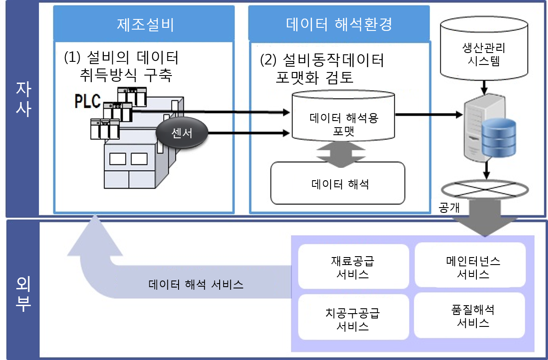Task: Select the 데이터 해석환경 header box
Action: tap(339, 24)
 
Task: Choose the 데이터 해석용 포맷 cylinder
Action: tap(343, 119)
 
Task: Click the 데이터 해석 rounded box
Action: tap(338, 183)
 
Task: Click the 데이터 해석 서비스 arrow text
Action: tap(195, 284)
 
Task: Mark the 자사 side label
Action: tap(23, 100)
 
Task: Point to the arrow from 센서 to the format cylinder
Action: tap(247, 132)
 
